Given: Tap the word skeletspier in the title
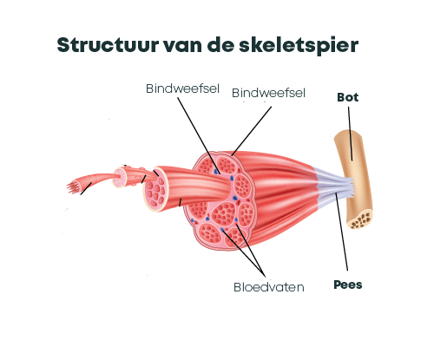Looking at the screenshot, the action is coord(299,46).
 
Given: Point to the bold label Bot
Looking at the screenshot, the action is coord(348,97).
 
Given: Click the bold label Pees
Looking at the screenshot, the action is coord(348,285).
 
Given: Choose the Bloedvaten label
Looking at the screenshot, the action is coord(269,287).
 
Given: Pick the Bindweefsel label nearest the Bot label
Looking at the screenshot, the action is coord(268,93).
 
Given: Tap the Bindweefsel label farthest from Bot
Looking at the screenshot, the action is coord(182,88).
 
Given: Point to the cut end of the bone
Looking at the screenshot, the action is coord(360,219).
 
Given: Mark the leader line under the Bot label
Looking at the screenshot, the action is coord(350,134).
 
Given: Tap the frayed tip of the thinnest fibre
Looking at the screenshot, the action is coord(72,187).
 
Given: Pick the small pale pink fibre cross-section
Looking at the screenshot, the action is coord(120,178).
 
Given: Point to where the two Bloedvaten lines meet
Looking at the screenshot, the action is coord(264,276).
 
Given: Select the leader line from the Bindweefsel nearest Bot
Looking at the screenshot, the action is coord(252,131).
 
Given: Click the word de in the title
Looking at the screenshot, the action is coord(220,45).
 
